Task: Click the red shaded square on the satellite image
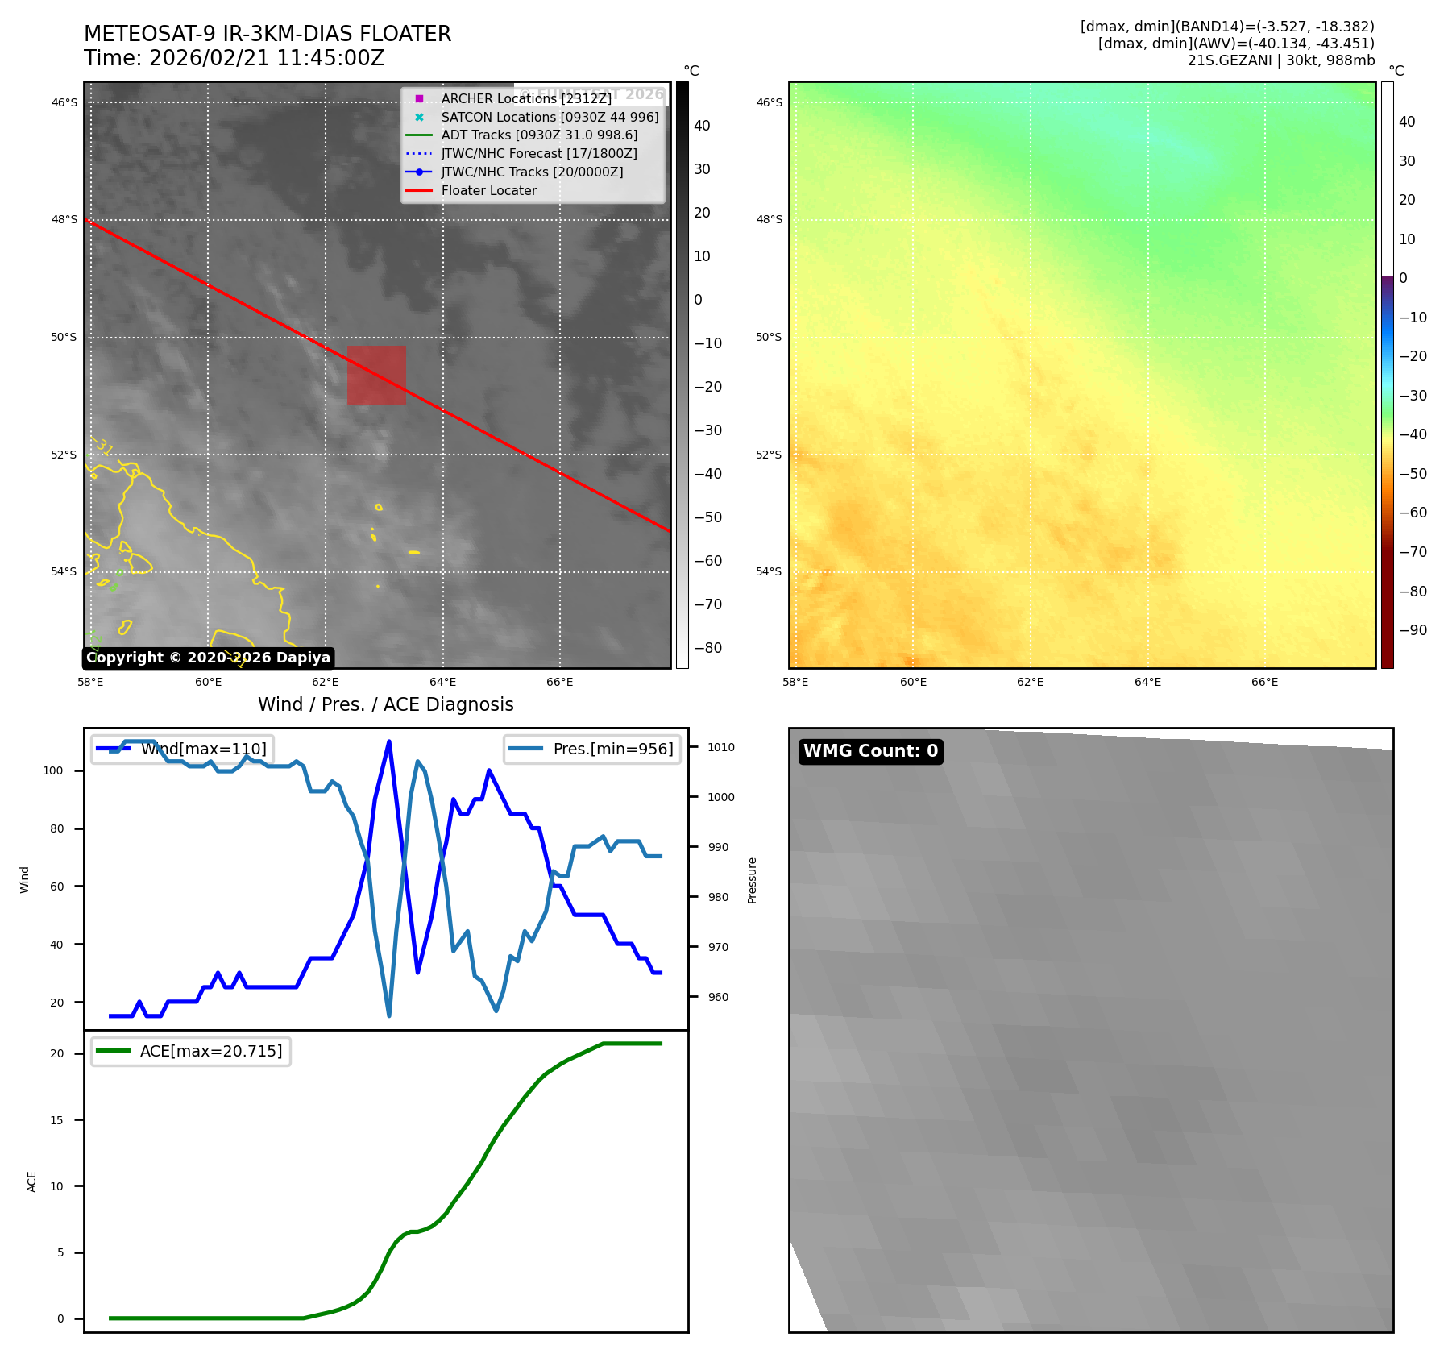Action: pos(376,375)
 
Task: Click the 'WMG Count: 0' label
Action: pos(870,751)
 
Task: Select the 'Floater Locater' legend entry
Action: pos(488,191)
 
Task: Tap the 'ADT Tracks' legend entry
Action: pos(539,135)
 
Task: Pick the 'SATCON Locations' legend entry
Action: pos(550,117)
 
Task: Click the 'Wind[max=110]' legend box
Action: pos(182,749)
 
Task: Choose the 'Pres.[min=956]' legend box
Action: pos(592,749)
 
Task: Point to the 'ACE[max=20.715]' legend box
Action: pos(191,1051)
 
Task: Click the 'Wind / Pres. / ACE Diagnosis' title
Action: pos(385,704)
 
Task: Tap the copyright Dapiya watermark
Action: pos(208,658)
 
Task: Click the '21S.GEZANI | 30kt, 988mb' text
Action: pos(1280,60)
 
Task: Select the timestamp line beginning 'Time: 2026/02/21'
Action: pos(234,58)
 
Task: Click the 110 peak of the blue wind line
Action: pos(389,741)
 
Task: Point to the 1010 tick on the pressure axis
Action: pos(720,747)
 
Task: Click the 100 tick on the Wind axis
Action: pos(53,770)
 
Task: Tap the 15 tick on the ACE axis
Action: pos(56,1120)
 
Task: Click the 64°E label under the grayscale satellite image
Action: pos(442,682)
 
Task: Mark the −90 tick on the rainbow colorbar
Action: pos(1413,630)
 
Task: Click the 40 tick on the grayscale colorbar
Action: pos(702,126)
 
